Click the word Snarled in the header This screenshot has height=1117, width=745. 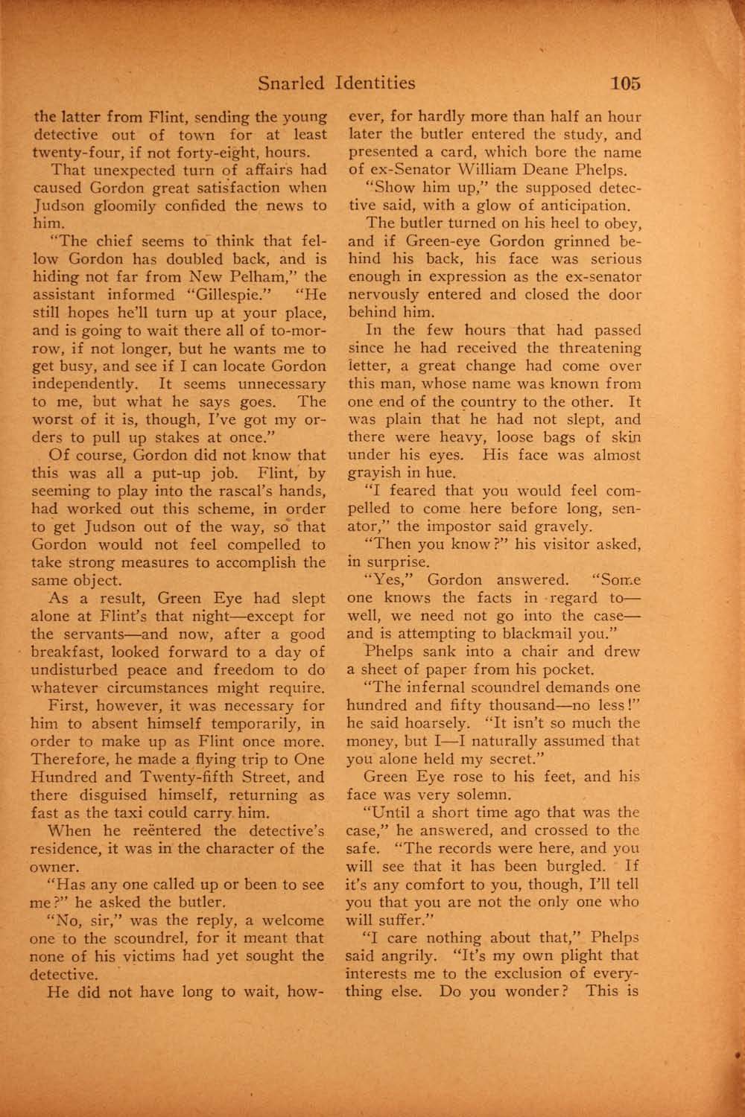click(291, 83)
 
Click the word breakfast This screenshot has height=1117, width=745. click(74, 652)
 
